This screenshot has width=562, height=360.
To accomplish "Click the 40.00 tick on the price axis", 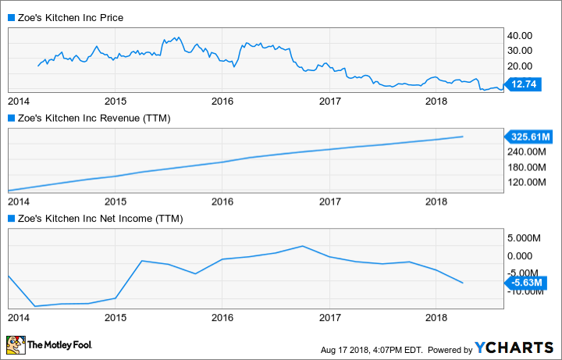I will click(520, 36).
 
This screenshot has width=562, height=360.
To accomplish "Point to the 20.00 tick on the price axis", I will click(520, 66).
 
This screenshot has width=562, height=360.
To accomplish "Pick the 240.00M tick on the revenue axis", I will click(525, 151).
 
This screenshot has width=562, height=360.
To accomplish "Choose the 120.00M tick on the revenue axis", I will click(525, 182).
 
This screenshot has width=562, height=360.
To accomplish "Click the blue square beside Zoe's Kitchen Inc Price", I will click(10, 17).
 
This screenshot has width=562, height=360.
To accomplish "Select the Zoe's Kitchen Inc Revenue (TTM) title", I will click(93, 118).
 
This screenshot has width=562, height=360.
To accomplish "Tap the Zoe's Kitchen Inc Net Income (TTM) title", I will click(99, 219).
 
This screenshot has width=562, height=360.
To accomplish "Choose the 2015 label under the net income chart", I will click(116, 318).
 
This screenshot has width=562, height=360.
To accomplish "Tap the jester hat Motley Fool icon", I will click(15, 344).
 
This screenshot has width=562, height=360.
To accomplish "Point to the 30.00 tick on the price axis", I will click(520, 51).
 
